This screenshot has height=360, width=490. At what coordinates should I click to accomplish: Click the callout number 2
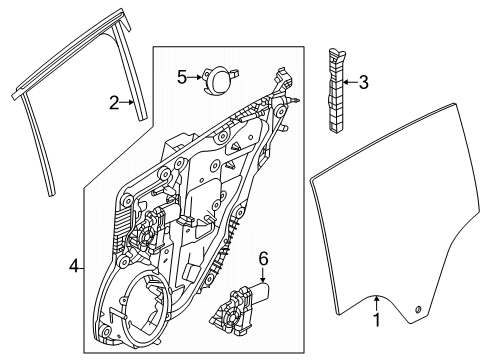click(116, 101)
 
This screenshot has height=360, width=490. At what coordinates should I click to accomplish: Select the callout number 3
click(363, 83)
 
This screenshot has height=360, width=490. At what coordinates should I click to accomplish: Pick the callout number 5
click(182, 75)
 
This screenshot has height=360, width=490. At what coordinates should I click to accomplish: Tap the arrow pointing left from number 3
click(347, 83)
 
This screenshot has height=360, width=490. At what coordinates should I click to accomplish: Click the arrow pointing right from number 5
click(196, 75)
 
